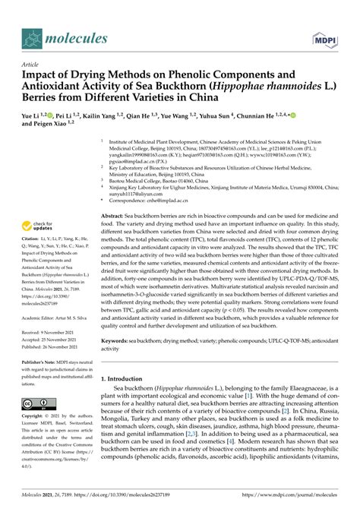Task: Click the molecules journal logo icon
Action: pyautogui.click(x=31, y=37)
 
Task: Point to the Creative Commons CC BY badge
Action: pyautogui.click(x=37, y=405)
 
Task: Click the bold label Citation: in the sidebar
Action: pyautogui.click(x=33, y=240)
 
